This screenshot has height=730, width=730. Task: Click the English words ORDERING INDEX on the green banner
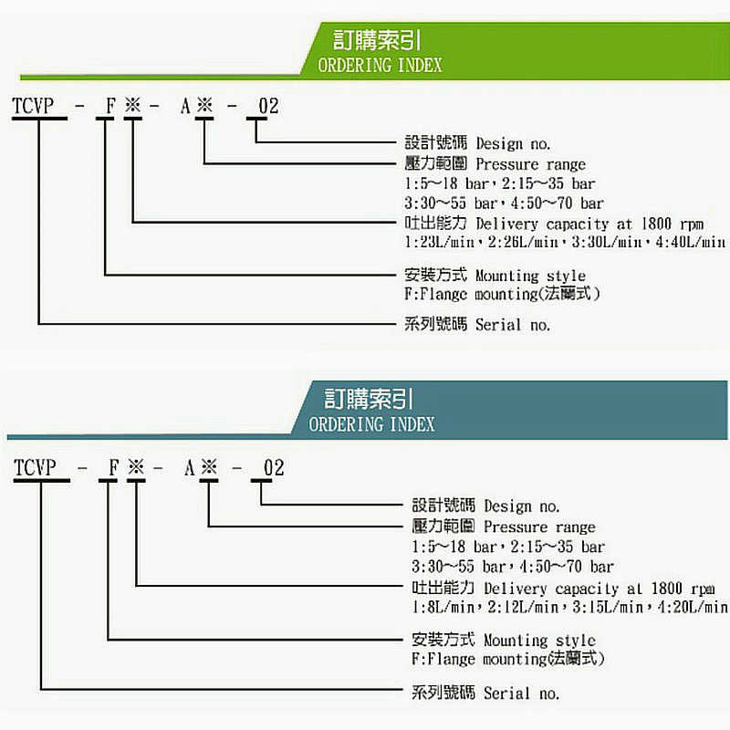click(x=380, y=66)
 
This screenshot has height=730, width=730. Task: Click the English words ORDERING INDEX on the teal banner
click(x=371, y=424)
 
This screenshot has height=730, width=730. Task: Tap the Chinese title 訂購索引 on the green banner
click(x=377, y=41)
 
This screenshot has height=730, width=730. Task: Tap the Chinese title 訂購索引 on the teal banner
click(x=369, y=399)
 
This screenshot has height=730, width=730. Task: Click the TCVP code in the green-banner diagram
click(x=34, y=107)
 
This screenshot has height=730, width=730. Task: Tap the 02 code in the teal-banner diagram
click(x=274, y=469)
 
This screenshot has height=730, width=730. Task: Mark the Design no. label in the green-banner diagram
click(x=514, y=143)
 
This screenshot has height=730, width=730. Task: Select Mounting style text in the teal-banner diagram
click(x=539, y=641)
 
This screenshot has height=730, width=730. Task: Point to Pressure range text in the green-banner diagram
click(x=531, y=165)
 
